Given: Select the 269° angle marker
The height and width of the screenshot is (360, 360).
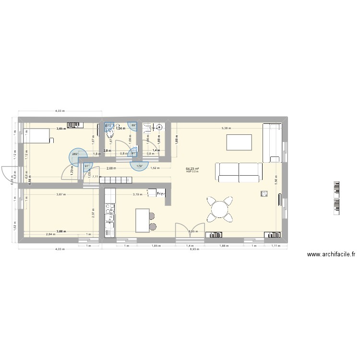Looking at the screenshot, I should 75,154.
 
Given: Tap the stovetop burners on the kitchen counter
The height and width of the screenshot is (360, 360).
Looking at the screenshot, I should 109,208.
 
